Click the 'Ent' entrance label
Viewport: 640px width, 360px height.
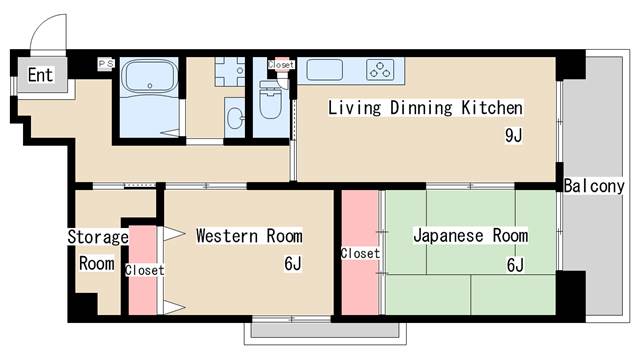coord(40,75)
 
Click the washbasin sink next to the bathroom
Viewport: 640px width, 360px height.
coord(234,117)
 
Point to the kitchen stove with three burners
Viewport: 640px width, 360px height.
coord(381,70)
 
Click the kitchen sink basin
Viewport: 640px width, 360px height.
coord(325,70)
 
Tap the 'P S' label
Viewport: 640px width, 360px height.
coord(106,64)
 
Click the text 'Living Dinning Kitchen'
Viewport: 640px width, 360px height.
coord(426,107)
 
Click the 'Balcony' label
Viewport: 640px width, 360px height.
coord(594,186)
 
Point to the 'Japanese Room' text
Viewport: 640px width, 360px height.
coord(470,236)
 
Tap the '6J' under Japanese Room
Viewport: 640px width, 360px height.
coord(515,265)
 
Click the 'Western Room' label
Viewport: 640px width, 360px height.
coord(248,236)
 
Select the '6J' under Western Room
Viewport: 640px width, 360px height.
coord(292,265)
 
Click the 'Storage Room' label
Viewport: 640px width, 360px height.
coord(97,251)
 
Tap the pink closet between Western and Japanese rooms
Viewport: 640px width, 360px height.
coord(359,252)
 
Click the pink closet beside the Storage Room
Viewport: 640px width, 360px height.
coord(143,270)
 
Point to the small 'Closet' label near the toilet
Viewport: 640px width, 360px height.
coord(282,64)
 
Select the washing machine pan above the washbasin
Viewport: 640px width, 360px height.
coord(229,72)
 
